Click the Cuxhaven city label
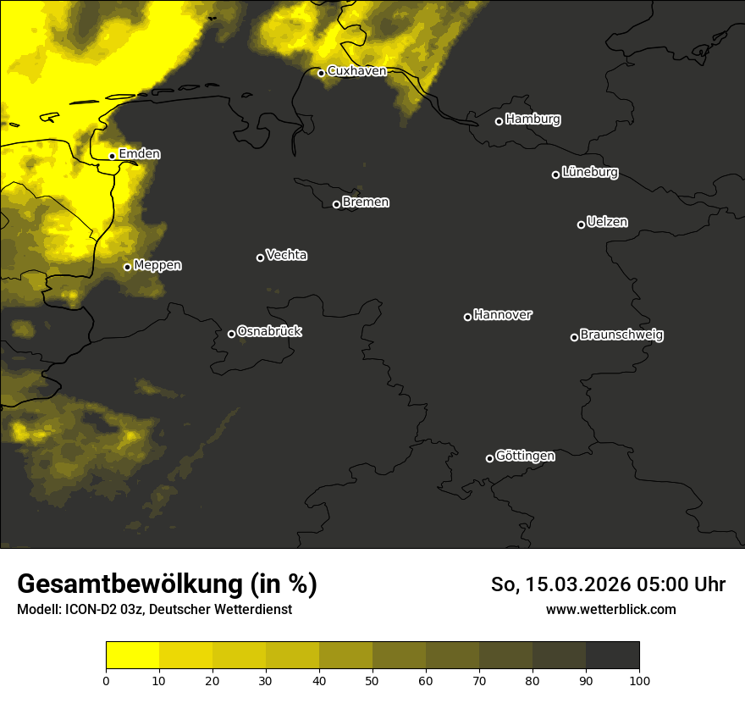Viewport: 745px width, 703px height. click(x=356, y=71)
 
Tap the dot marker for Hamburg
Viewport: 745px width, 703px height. click(x=499, y=121)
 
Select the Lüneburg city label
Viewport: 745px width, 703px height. click(x=589, y=173)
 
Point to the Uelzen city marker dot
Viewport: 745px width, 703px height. click(x=581, y=224)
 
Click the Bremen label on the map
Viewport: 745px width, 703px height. click(x=366, y=202)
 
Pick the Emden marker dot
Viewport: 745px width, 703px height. click(x=112, y=156)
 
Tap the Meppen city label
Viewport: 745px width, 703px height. click(x=157, y=265)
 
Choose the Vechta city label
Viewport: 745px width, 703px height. click(x=286, y=255)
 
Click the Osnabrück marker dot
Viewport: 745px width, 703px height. click(x=231, y=334)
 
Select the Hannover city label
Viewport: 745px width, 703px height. click(x=503, y=315)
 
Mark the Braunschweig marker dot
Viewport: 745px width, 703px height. click(x=574, y=337)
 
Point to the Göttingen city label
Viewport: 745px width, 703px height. click(x=525, y=457)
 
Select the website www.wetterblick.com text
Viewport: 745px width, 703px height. click(x=610, y=609)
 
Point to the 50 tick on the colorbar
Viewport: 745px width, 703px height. click(x=372, y=680)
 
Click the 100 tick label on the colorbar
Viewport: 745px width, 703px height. click(x=639, y=680)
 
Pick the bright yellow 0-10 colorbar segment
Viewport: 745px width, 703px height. click(x=132, y=655)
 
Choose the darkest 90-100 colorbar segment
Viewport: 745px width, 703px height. click(x=612, y=655)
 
